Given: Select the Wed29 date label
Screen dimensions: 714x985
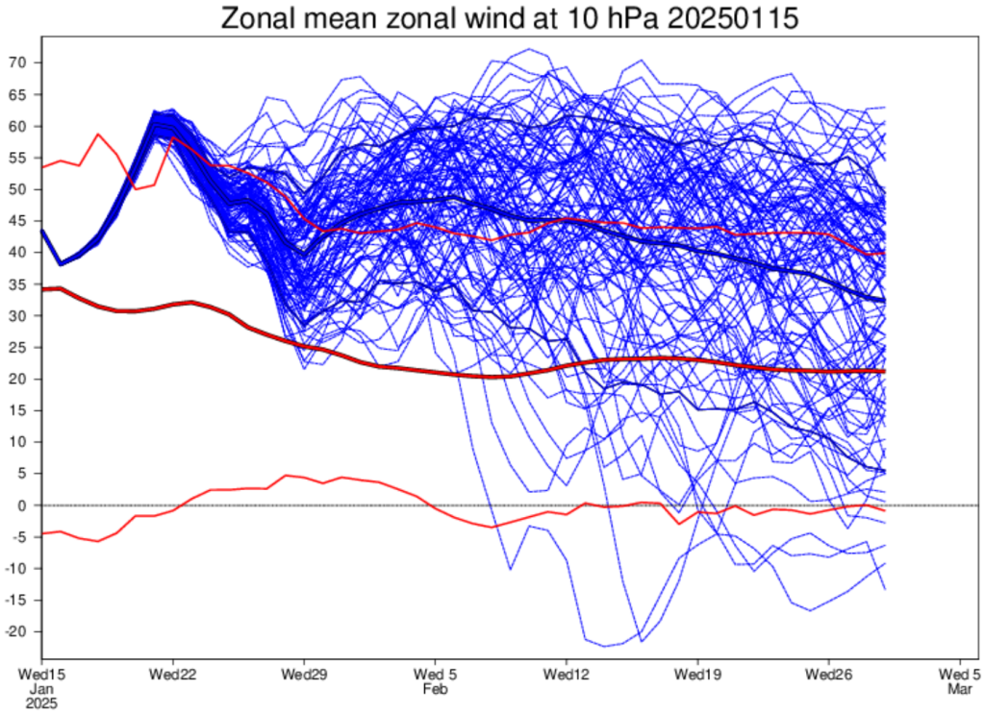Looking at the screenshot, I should [x=305, y=675].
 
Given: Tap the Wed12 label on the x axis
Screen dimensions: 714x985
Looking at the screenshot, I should [x=567, y=675].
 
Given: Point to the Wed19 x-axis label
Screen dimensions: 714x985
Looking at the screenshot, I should [x=697, y=675].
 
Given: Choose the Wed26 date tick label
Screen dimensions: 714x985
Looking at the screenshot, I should [x=828, y=675].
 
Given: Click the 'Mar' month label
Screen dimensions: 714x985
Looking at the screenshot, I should [x=959, y=689].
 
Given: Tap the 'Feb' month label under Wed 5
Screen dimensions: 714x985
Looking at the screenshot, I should [x=436, y=689].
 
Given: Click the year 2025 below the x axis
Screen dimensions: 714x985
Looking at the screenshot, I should [x=42, y=703].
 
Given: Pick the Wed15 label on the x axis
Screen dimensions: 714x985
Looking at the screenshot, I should [x=42, y=675].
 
